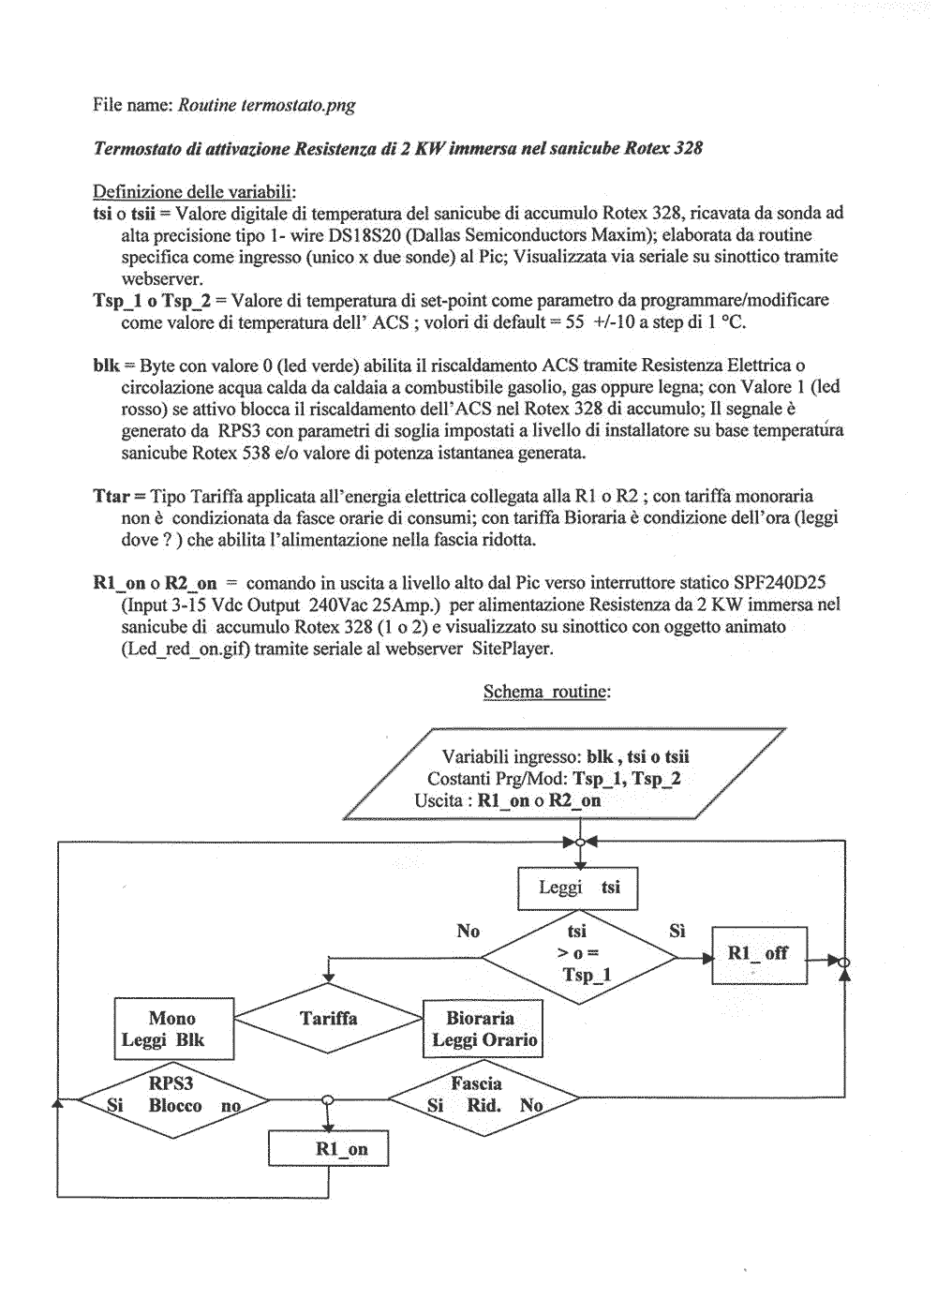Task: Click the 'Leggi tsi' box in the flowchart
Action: point(577,888)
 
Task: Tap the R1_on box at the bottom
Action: point(328,1149)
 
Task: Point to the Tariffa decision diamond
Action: point(328,1019)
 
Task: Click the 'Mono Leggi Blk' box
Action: point(173,1029)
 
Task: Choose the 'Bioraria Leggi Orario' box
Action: point(482,1029)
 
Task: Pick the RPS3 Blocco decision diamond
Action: point(172,1104)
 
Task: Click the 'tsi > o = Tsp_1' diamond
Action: point(578,956)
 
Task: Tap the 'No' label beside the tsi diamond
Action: point(468,931)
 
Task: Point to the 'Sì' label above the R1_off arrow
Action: point(677,931)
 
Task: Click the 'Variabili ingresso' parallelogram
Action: point(566,779)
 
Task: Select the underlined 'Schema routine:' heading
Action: point(546,692)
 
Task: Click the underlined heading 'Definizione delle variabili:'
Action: point(194,192)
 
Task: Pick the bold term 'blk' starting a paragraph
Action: point(106,366)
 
